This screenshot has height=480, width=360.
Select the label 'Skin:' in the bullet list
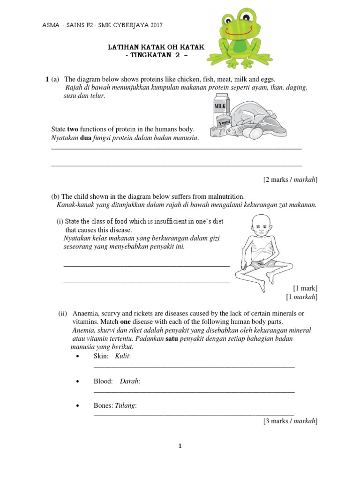pyautogui.click(x=101, y=357)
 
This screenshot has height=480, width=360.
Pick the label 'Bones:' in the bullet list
pyautogui.click(x=104, y=405)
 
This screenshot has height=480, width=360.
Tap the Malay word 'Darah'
pyautogui.click(x=130, y=382)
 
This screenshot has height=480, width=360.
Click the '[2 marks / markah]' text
pyautogui.click(x=290, y=180)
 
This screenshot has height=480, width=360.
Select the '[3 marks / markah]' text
pyautogui.click(x=290, y=421)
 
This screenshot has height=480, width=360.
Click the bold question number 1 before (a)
pyautogui.click(x=47, y=79)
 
